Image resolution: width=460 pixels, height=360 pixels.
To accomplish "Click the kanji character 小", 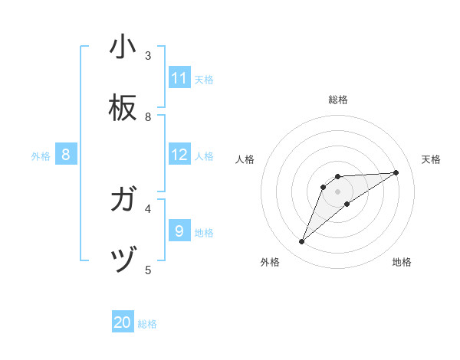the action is pyautogui.click(x=123, y=47).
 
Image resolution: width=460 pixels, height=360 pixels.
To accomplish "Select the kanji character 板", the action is pyautogui.click(x=123, y=109).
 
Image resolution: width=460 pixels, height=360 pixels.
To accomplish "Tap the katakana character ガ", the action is pyautogui.click(x=123, y=201).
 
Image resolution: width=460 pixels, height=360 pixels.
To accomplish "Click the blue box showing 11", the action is pyautogui.click(x=179, y=78).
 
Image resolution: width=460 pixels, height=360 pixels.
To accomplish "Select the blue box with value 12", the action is pyautogui.click(x=179, y=155).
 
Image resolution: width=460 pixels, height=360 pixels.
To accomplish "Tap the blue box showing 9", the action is pyautogui.click(x=179, y=231).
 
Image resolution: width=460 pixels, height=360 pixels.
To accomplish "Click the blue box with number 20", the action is pyautogui.click(x=123, y=323).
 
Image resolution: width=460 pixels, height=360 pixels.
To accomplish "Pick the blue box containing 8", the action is pyautogui.click(x=66, y=155).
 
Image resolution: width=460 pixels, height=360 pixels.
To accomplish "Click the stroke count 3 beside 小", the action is pyautogui.click(x=148, y=55).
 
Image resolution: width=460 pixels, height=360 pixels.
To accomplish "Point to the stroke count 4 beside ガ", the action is pyautogui.click(x=148, y=208).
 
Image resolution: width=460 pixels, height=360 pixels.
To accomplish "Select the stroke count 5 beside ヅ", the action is pyautogui.click(x=148, y=270).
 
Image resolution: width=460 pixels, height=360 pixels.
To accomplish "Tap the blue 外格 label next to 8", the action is pyautogui.click(x=41, y=156).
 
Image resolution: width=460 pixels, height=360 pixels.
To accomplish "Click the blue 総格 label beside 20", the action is pyautogui.click(x=147, y=325).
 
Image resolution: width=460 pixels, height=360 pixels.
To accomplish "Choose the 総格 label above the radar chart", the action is pyautogui.click(x=338, y=100).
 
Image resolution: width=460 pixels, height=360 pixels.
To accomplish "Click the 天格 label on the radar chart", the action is pyautogui.click(x=431, y=159).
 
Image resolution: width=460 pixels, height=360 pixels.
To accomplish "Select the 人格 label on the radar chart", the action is pyautogui.click(x=245, y=159).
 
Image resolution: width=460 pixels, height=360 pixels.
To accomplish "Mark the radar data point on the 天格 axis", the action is pyautogui.click(x=396, y=172).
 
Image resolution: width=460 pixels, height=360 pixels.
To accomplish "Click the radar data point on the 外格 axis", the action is pyautogui.click(x=302, y=242).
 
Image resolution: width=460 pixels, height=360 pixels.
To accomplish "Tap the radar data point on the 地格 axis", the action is pyautogui.click(x=347, y=204).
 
